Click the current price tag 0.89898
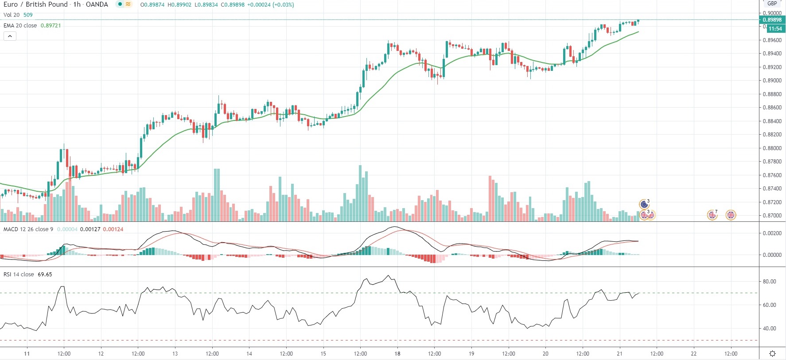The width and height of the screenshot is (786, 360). [772, 19]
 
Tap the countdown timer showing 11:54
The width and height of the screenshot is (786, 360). [775, 29]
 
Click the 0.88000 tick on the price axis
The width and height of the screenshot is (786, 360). [772, 148]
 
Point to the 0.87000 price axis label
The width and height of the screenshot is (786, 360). [772, 216]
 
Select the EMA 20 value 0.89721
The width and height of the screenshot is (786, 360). [51, 26]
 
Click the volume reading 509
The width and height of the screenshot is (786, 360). [28, 15]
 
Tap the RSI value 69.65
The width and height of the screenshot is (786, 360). [45, 275]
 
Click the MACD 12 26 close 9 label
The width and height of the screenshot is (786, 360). [28, 229]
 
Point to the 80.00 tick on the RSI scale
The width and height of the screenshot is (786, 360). [769, 282]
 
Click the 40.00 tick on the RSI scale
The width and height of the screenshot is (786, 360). [769, 329]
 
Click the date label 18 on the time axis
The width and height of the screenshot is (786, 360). [397, 354]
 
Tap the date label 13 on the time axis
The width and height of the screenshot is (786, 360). [175, 354]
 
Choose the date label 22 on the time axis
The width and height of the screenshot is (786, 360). [694, 354]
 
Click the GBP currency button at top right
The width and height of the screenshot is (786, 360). [772, 4]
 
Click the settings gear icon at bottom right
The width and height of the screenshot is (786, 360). [772, 353]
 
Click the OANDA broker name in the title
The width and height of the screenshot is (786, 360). [97, 4]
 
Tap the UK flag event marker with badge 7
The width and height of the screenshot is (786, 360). [712, 215]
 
